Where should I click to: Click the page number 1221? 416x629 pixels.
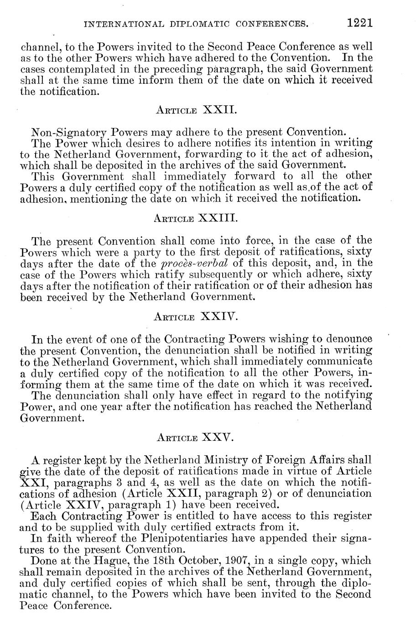click(359, 23)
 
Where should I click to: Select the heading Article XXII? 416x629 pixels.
click(196, 110)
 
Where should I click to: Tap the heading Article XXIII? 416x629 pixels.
click(196, 218)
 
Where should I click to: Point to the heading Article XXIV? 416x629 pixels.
click(195, 316)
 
